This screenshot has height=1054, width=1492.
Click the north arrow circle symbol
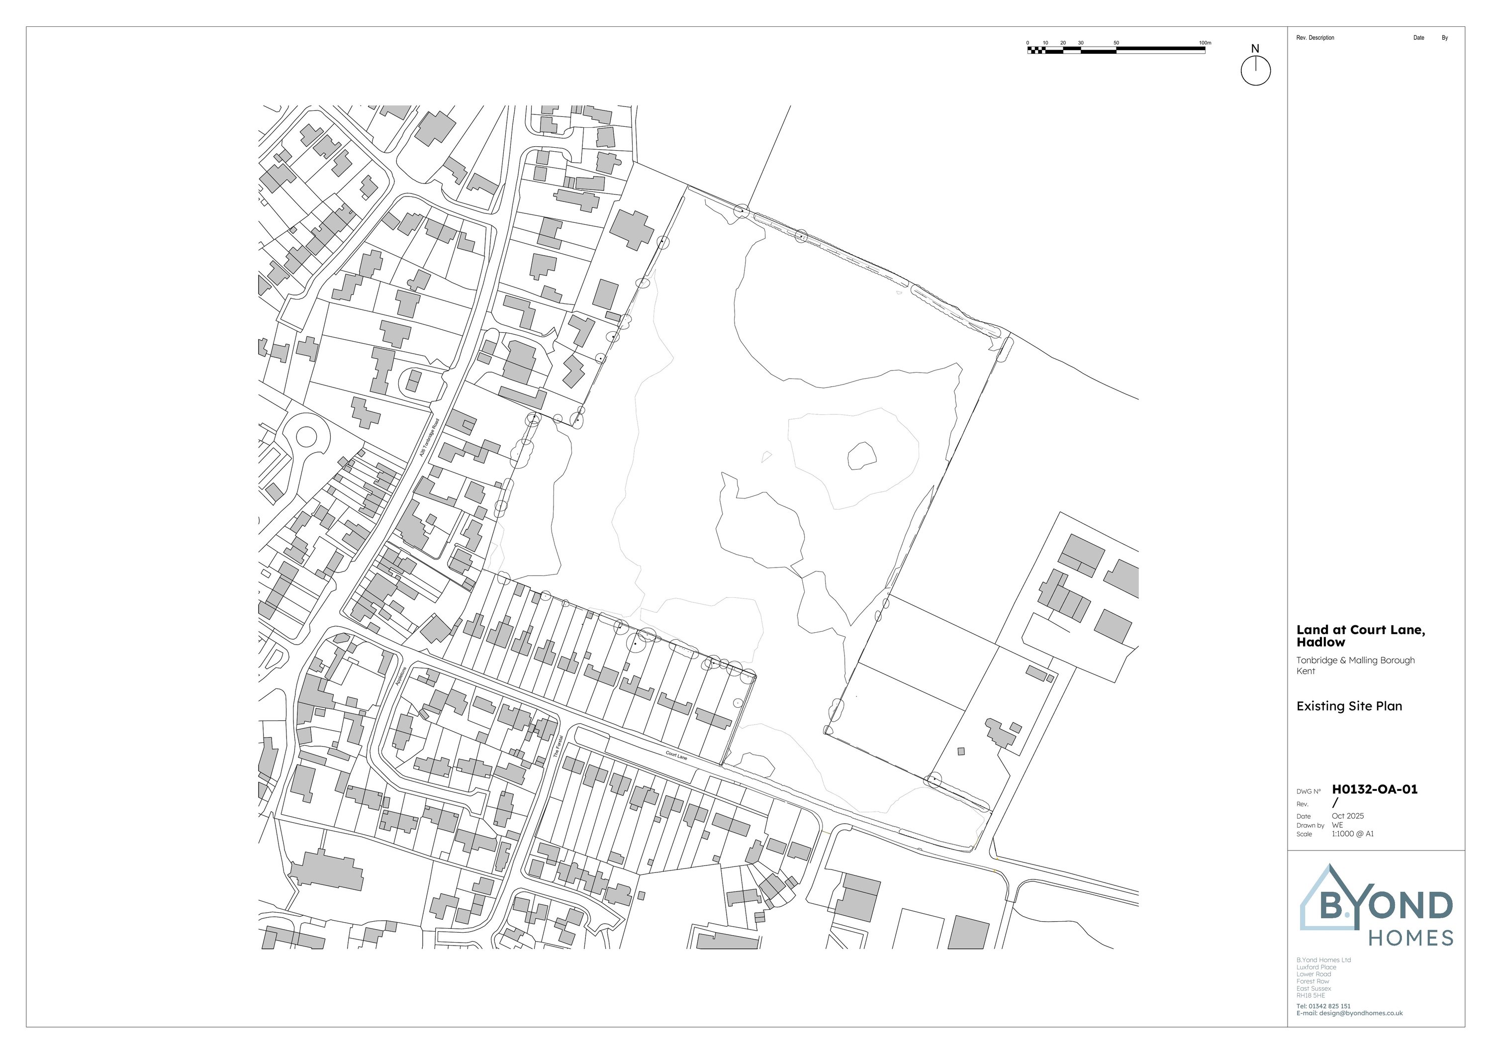pyautogui.click(x=1255, y=70)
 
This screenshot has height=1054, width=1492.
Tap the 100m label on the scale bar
pyautogui.click(x=1204, y=43)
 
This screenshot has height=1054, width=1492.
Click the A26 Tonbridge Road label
pyautogui.click(x=429, y=437)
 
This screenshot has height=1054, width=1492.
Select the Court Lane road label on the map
pyautogui.click(x=676, y=756)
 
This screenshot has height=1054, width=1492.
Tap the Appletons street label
pyautogui.click(x=400, y=676)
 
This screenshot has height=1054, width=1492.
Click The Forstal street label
pyautogui.click(x=557, y=747)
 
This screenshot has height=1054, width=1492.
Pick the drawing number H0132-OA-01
pyautogui.click(x=1375, y=789)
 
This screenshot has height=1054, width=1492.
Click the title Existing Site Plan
pyautogui.click(x=1349, y=706)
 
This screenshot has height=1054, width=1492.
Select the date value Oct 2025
pyautogui.click(x=1348, y=816)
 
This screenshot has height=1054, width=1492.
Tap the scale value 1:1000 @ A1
pyautogui.click(x=1352, y=834)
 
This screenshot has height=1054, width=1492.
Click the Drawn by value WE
pyautogui.click(x=1337, y=825)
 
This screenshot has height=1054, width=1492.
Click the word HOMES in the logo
pyautogui.click(x=1411, y=938)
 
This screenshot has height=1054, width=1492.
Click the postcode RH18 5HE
pyautogui.click(x=1310, y=995)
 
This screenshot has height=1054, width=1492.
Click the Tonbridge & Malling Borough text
pyautogui.click(x=1355, y=660)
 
